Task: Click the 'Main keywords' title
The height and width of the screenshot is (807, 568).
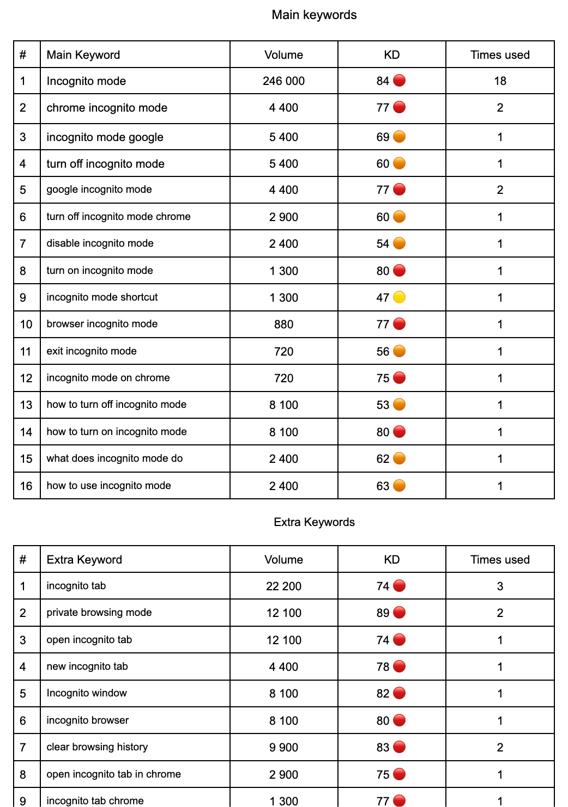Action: [x=314, y=15]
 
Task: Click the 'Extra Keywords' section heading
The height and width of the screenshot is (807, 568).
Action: [x=314, y=522]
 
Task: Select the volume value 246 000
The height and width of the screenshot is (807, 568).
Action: [x=283, y=81]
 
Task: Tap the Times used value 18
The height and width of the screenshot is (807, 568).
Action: [x=500, y=81]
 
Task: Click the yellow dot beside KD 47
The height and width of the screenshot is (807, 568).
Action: [x=400, y=297]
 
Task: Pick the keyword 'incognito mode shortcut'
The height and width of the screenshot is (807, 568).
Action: [x=102, y=297]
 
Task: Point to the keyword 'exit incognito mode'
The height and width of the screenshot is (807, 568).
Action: [x=92, y=351]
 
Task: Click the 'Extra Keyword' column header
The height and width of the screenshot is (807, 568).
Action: [x=84, y=560]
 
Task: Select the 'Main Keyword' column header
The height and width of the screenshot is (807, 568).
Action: [x=83, y=55]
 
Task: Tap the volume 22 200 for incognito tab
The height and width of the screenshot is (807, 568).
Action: [x=283, y=586]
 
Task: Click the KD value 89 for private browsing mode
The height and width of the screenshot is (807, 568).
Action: [x=383, y=613]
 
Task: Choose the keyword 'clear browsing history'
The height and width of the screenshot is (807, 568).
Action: [x=97, y=747]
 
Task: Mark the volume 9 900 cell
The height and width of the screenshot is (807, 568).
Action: [x=283, y=748]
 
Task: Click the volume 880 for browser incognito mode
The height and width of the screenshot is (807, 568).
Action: [x=283, y=325]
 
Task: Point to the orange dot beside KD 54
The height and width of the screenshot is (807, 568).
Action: [x=400, y=243]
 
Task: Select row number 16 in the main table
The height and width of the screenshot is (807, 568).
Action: [x=26, y=486]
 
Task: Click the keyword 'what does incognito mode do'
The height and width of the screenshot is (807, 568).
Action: [x=114, y=458]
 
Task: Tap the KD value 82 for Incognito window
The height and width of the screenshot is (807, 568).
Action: [x=383, y=694]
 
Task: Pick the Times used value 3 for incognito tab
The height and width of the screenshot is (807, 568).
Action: [x=500, y=586]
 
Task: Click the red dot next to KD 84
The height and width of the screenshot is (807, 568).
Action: [x=400, y=81]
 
